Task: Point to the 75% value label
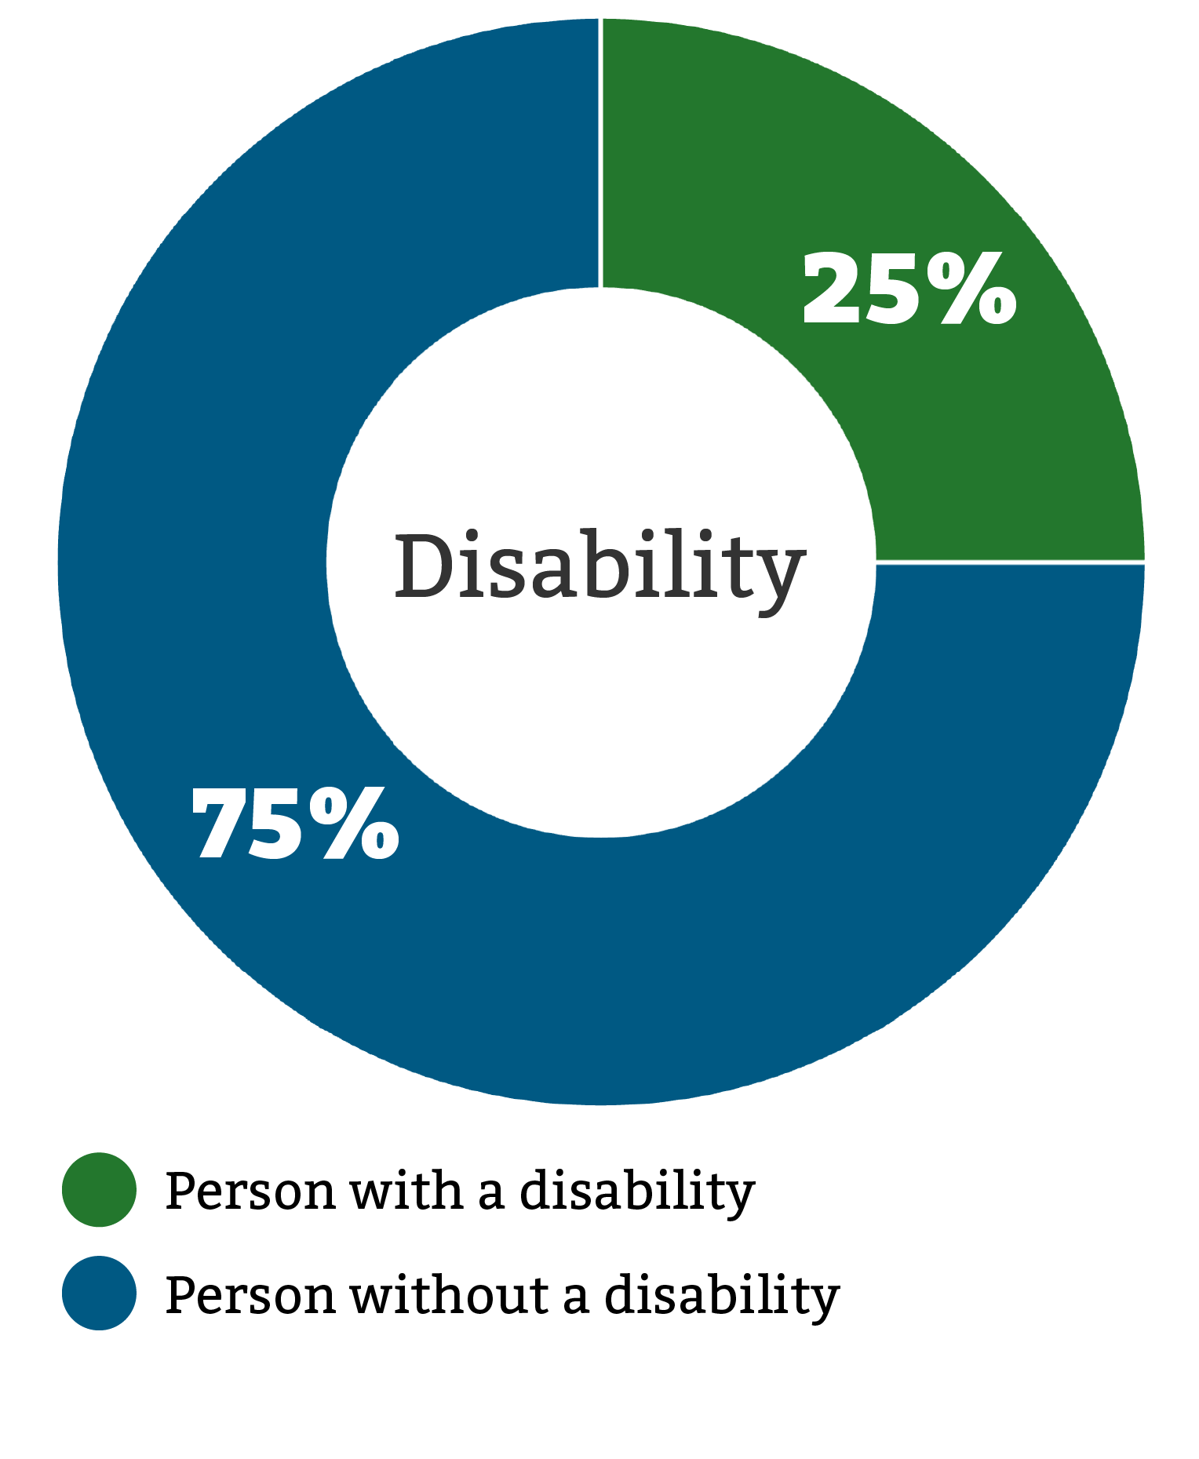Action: pos(295,824)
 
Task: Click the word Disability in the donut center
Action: pos(599,567)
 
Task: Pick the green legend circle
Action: pos(100,1189)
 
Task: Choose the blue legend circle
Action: pos(100,1293)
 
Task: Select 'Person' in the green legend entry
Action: pos(250,1191)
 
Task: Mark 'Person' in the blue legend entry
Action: pos(250,1294)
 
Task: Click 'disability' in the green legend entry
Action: pos(637,1192)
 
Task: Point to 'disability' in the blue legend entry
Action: pos(722,1296)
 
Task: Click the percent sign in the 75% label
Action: pos(353,824)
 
